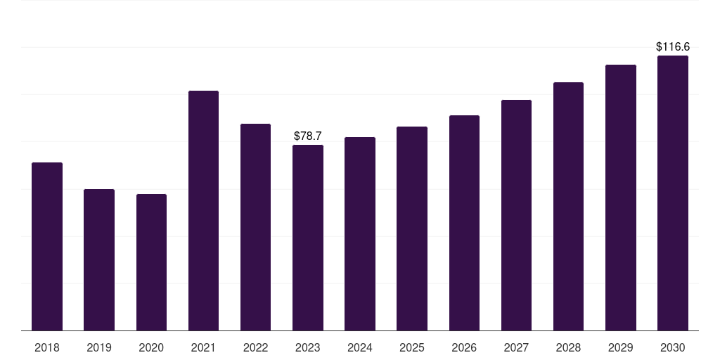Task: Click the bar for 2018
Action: pyautogui.click(x=47, y=247)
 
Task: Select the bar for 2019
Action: pyautogui.click(x=99, y=260)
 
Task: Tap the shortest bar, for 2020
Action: pyautogui.click(x=152, y=262)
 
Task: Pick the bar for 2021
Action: pyautogui.click(x=203, y=211)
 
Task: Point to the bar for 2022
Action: pyautogui.click(x=255, y=227)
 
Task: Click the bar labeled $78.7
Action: pyautogui.click(x=308, y=238)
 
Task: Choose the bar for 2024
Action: pyautogui.click(x=360, y=233)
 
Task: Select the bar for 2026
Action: pyautogui.click(x=464, y=223)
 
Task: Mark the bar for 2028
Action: pyautogui.click(x=568, y=207)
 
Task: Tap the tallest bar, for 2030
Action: pyautogui.click(x=673, y=193)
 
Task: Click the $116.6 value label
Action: pyautogui.click(x=673, y=47)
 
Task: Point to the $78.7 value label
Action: pyautogui.click(x=308, y=136)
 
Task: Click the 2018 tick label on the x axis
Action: pyautogui.click(x=47, y=347)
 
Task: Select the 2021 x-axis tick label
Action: pyautogui.click(x=203, y=347)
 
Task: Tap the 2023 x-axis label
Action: pyautogui.click(x=308, y=347)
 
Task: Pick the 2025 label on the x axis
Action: pyautogui.click(x=412, y=347)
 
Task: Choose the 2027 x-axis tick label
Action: pyautogui.click(x=516, y=347)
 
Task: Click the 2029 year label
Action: pyautogui.click(x=620, y=347)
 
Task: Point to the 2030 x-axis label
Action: pyautogui.click(x=673, y=347)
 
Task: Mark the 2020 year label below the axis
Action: pyautogui.click(x=151, y=347)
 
